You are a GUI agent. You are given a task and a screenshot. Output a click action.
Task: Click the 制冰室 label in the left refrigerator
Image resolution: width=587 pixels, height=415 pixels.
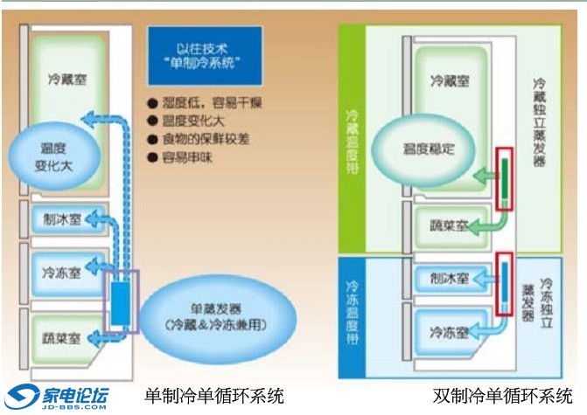pos(60,219)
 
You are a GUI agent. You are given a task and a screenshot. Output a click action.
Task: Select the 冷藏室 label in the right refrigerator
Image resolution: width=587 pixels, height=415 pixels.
pos(450,80)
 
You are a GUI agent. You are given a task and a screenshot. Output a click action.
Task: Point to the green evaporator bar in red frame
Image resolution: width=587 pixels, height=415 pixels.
pos(504,177)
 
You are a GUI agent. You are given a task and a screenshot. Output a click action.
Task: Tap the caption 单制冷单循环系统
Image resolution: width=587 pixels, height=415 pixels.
pos(214,396)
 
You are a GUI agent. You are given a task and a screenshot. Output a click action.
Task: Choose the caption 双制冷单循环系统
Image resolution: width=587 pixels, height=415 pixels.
pos(503,396)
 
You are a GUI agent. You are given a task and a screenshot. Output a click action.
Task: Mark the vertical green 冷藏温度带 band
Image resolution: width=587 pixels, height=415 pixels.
pos(352,141)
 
